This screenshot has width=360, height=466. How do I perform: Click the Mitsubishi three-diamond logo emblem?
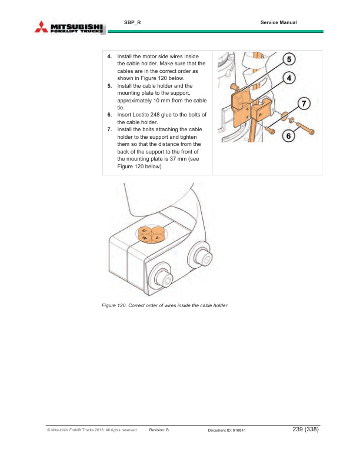click(42, 26)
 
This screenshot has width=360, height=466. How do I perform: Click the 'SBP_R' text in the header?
click(132, 22)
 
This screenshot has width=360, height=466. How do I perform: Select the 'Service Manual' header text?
click(278, 22)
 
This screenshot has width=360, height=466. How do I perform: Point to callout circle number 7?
click(304, 103)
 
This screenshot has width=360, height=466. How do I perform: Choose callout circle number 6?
click(288, 136)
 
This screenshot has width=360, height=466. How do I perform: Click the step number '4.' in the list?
click(109, 56)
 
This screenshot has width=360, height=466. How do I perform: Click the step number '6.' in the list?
click(109, 115)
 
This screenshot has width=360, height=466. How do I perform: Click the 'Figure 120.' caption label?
click(115, 305)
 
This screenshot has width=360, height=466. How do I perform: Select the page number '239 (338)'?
click(305, 430)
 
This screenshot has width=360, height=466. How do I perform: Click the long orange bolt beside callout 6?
click(304, 128)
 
